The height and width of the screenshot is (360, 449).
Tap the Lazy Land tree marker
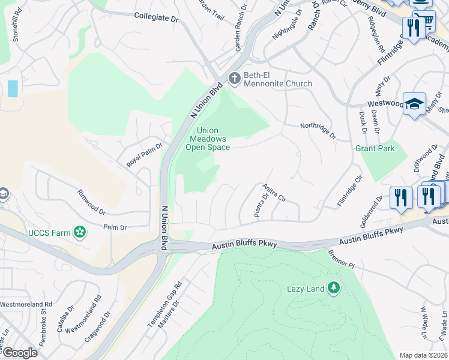point(333,288)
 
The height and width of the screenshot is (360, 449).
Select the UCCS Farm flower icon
point(79,232)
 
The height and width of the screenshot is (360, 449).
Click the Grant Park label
point(375,148)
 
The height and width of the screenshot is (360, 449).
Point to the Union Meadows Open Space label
point(207,139)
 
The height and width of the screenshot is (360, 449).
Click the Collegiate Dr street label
point(157,18)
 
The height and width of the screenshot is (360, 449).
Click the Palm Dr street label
point(115,227)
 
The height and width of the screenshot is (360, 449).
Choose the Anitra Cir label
point(274,193)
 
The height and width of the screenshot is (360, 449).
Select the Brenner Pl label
point(342,259)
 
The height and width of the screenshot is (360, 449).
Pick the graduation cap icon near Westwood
point(414,104)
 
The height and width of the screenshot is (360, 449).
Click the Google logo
point(19,352)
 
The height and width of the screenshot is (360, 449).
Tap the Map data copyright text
point(423,355)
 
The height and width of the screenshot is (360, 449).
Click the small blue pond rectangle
point(13,88)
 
